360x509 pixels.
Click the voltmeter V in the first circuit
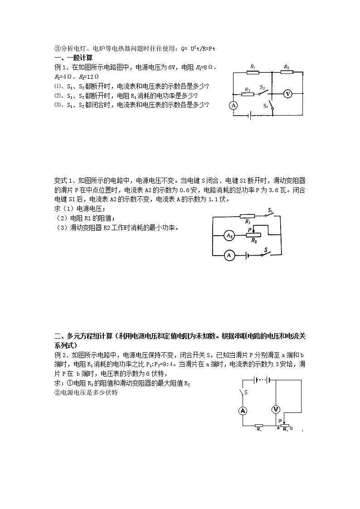(x=287, y=93)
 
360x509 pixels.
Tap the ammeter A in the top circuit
(x=233, y=105)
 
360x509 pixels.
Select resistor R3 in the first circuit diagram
(x=247, y=94)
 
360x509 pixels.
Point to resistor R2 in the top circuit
(x=286, y=72)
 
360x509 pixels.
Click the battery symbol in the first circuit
(x=250, y=116)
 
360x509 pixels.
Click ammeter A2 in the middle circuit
(x=229, y=236)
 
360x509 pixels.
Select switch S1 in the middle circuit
(x=270, y=215)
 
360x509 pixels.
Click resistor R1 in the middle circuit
(x=248, y=217)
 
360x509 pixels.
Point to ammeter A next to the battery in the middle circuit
(x=229, y=256)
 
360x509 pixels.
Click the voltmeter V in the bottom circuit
(x=275, y=409)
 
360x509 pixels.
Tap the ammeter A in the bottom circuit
(x=243, y=411)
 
